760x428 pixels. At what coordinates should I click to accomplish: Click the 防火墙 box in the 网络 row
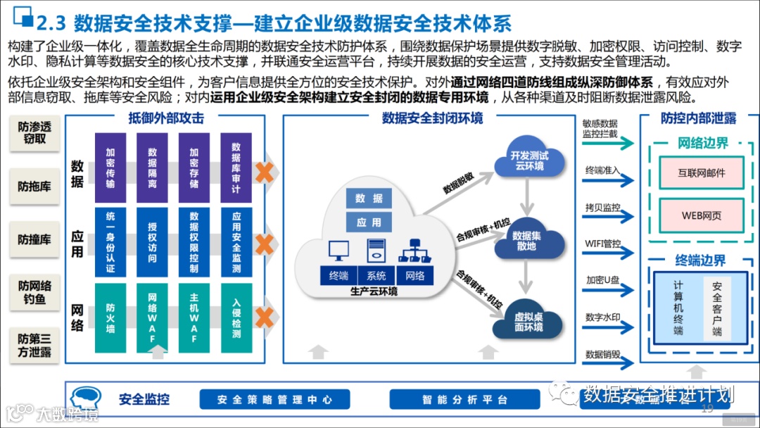click(x=110, y=317)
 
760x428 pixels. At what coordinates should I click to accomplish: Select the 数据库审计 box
click(x=236, y=168)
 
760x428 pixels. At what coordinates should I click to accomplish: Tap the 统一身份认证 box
click(x=110, y=242)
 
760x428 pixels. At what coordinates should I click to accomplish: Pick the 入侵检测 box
click(x=236, y=317)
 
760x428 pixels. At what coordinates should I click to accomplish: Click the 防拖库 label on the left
click(x=34, y=187)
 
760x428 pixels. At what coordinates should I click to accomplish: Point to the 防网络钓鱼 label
click(x=34, y=294)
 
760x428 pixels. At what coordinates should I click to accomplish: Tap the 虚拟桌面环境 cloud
click(x=528, y=322)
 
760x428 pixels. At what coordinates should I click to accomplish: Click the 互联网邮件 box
click(x=701, y=172)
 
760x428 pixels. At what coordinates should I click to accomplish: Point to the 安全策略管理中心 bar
click(x=274, y=400)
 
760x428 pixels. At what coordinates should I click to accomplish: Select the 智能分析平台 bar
click(x=465, y=400)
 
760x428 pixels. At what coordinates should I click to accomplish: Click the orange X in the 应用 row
click(x=265, y=244)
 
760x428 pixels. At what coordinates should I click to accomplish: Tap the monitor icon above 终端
click(x=338, y=251)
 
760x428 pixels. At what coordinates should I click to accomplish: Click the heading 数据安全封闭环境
click(x=432, y=118)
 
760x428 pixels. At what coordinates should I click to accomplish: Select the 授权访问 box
click(x=153, y=242)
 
